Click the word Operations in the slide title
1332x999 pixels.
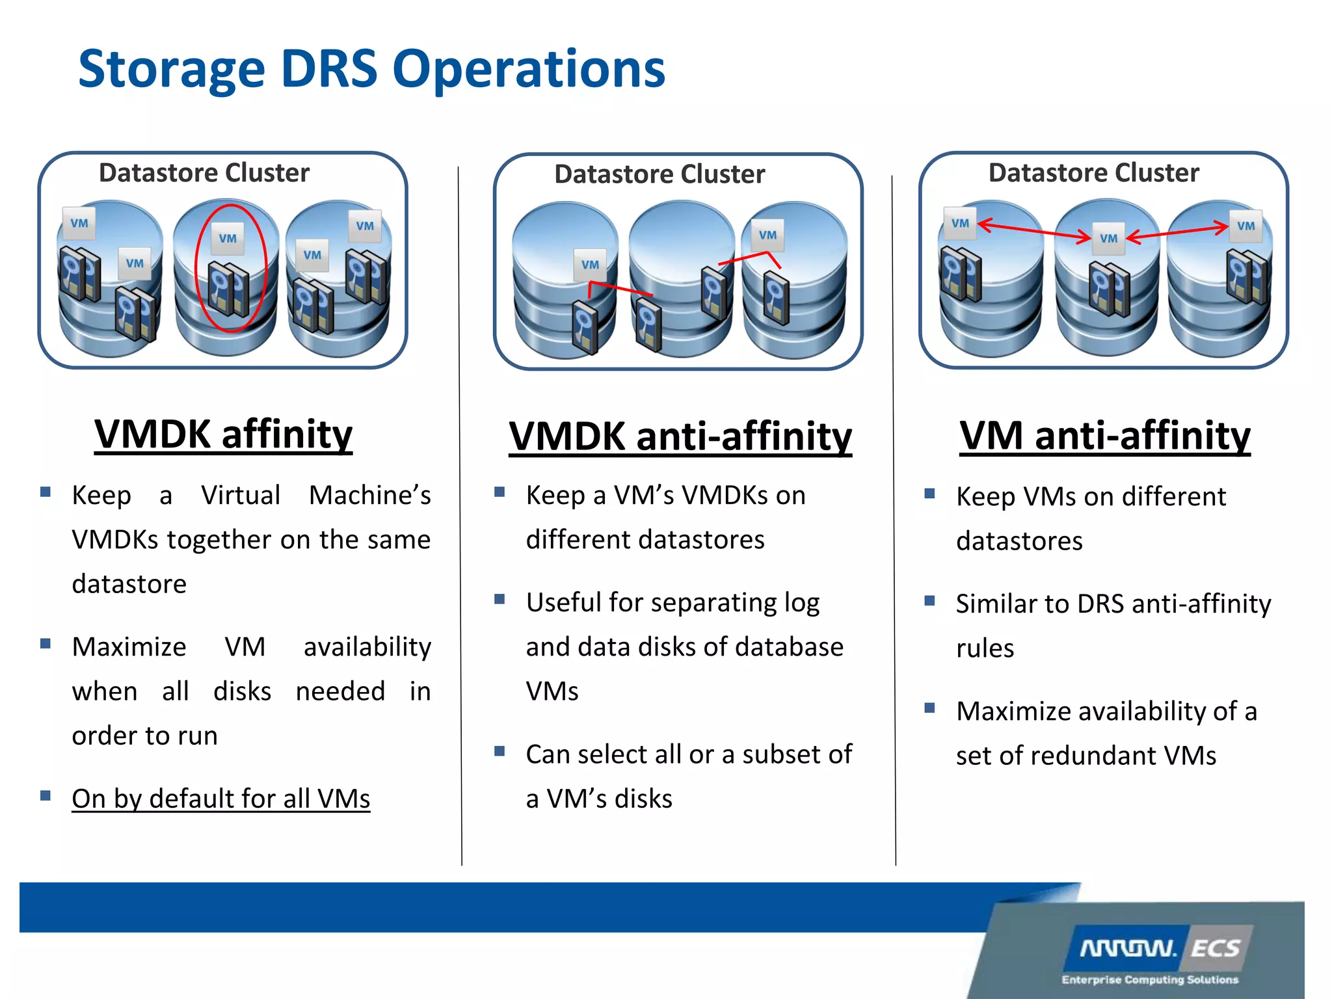tap(529, 70)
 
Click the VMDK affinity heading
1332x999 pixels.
tap(223, 434)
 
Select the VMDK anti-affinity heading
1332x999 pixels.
tap(680, 436)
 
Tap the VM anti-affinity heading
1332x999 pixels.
tap(1104, 435)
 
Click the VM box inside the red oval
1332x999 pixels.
tap(228, 238)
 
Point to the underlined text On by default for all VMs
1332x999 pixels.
tap(220, 799)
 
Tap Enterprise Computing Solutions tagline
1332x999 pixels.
tap(1149, 979)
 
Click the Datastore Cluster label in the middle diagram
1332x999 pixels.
tap(659, 174)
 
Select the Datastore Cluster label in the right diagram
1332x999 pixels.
tap(1093, 173)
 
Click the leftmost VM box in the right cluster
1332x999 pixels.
tap(960, 223)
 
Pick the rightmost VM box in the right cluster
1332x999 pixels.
tap(1245, 226)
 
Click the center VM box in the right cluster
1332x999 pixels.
tap(1108, 238)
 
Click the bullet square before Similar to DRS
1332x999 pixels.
tap(929, 600)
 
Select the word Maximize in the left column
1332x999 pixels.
tap(129, 647)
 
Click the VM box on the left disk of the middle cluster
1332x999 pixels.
tap(590, 265)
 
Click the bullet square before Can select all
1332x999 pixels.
tap(499, 751)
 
